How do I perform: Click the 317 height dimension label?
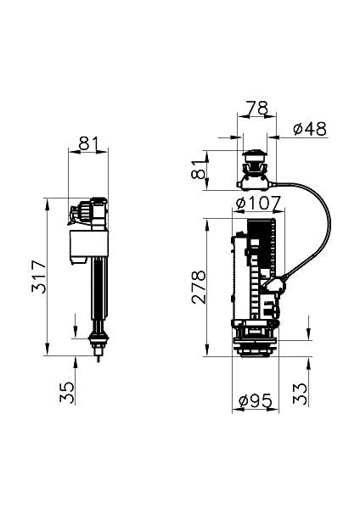(x=37, y=277)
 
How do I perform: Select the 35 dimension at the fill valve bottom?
(x=69, y=391)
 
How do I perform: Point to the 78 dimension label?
(x=256, y=108)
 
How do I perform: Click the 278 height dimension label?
(x=198, y=289)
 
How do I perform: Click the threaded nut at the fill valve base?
(x=99, y=343)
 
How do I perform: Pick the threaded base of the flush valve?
(x=256, y=347)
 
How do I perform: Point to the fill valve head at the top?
(x=89, y=211)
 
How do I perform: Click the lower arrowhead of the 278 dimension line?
(x=207, y=350)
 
